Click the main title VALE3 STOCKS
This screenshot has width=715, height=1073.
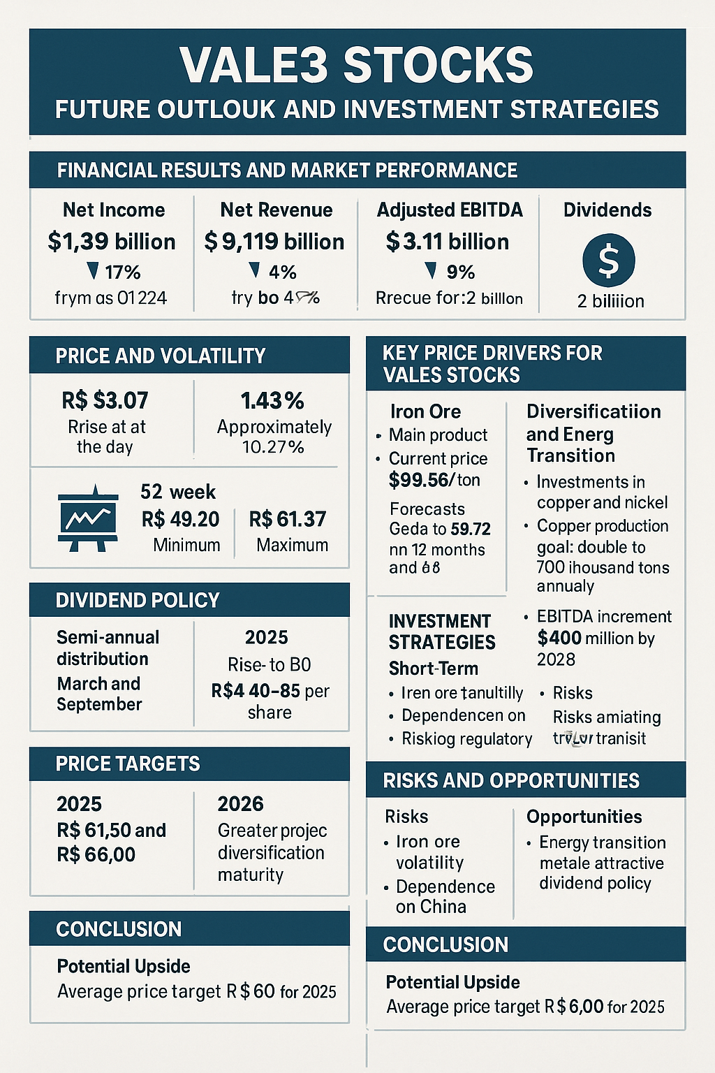coord(357,66)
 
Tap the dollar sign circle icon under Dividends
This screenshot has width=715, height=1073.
coord(608,261)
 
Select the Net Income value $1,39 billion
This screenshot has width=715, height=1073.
coord(112,242)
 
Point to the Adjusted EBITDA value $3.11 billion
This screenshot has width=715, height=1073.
coord(448,242)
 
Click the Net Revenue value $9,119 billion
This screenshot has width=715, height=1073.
coord(274,242)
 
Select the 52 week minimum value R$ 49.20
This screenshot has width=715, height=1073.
coord(180,519)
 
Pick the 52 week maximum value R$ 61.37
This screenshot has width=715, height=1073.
coord(288,519)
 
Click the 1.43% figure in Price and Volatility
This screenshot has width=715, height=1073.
coord(272,401)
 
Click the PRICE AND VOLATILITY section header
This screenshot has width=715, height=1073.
coord(161,356)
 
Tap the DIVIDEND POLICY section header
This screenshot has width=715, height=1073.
coord(138,600)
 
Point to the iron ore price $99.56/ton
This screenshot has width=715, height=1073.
coord(434,480)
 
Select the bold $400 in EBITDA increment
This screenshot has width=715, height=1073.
coord(559,638)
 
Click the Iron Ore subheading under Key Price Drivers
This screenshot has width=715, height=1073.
coord(425,411)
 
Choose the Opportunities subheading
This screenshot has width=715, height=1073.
coord(584,817)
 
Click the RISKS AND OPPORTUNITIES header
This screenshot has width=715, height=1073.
coord(511,780)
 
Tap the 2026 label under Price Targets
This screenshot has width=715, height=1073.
coord(240,804)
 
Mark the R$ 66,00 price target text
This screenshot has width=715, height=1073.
coord(96,854)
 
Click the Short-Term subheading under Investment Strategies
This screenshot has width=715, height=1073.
coord(433,669)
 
